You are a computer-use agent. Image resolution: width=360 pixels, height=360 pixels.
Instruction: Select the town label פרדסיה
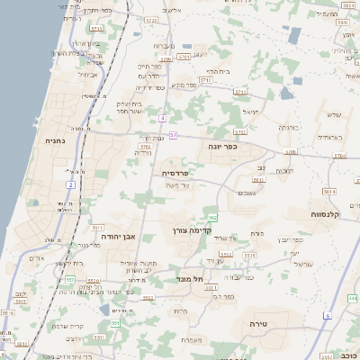click(x=175, y=171)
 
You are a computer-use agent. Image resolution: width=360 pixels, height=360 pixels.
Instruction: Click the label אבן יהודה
click(x=118, y=237)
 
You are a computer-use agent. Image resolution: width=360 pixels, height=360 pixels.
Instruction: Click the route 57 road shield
click(x=173, y=135)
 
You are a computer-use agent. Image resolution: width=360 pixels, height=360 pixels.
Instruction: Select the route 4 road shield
click(x=162, y=118)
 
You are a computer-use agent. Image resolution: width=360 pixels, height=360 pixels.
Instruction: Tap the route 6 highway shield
click(x=328, y=316)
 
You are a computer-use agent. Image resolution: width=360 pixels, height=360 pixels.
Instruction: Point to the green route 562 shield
click(x=212, y=218)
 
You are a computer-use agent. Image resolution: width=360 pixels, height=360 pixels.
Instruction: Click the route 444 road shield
click(x=354, y=298)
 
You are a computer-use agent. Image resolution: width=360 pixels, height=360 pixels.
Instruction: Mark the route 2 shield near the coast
click(x=70, y=184)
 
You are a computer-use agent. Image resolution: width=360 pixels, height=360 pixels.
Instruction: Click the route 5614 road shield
click(x=330, y=192)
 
